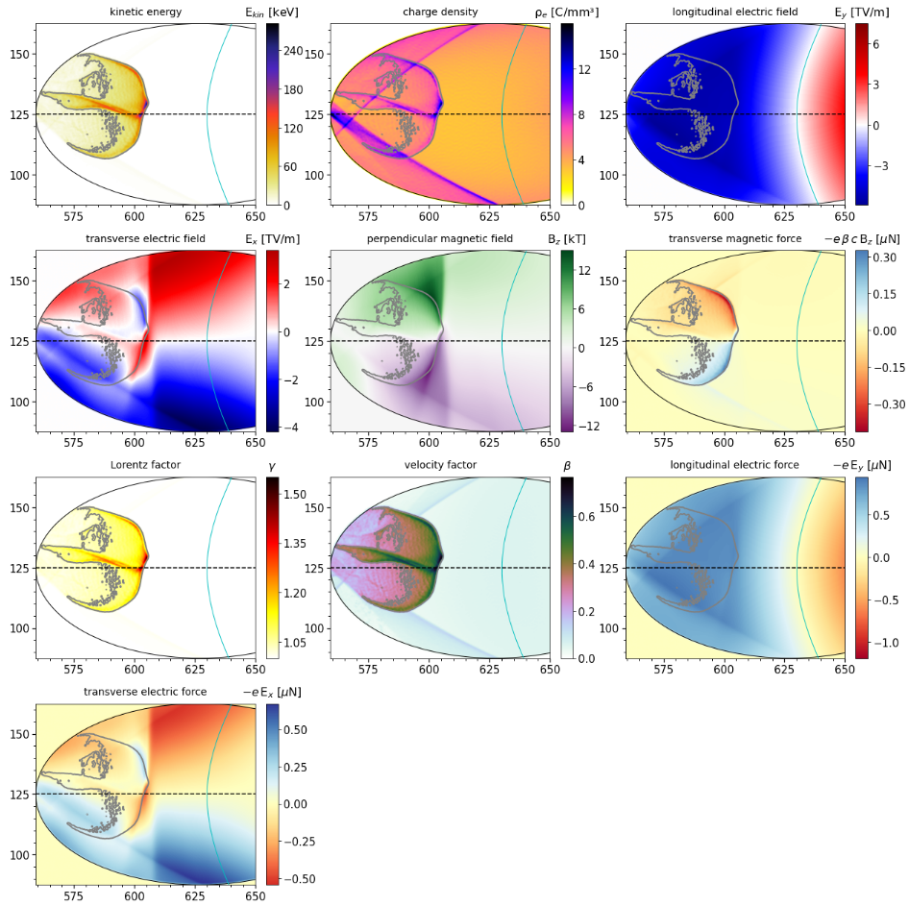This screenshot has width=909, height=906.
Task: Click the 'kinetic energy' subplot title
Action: (x=146, y=12)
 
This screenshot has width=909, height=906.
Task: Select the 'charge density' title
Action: (x=440, y=12)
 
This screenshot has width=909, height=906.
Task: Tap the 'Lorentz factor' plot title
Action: (x=146, y=465)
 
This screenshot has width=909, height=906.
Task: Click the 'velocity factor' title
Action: (x=440, y=465)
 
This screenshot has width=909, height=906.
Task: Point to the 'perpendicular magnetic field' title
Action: (x=440, y=238)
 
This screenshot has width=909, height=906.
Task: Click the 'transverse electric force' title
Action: (x=146, y=692)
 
